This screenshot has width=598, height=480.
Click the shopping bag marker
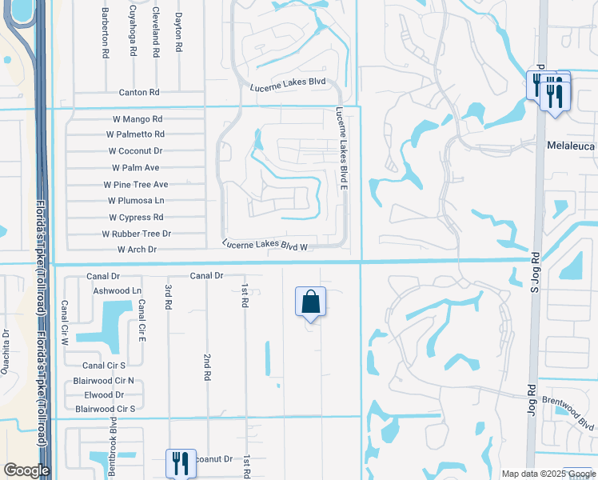point(311,303)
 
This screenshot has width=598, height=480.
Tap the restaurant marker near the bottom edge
point(179,463)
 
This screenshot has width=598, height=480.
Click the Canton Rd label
point(139,93)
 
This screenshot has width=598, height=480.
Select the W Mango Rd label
point(138,118)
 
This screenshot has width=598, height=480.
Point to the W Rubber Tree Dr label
point(136,234)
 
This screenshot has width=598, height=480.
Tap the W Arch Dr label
point(138,250)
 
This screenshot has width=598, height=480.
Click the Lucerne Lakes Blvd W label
point(265,245)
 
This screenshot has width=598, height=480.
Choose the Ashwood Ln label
point(117,290)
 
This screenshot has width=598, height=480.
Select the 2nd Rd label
point(207,366)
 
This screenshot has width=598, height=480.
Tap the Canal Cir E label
point(141,320)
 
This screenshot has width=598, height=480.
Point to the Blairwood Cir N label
point(104,382)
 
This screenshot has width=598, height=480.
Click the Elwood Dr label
point(104,395)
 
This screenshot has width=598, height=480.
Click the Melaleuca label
point(571,146)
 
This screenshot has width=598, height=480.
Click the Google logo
point(26,470)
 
